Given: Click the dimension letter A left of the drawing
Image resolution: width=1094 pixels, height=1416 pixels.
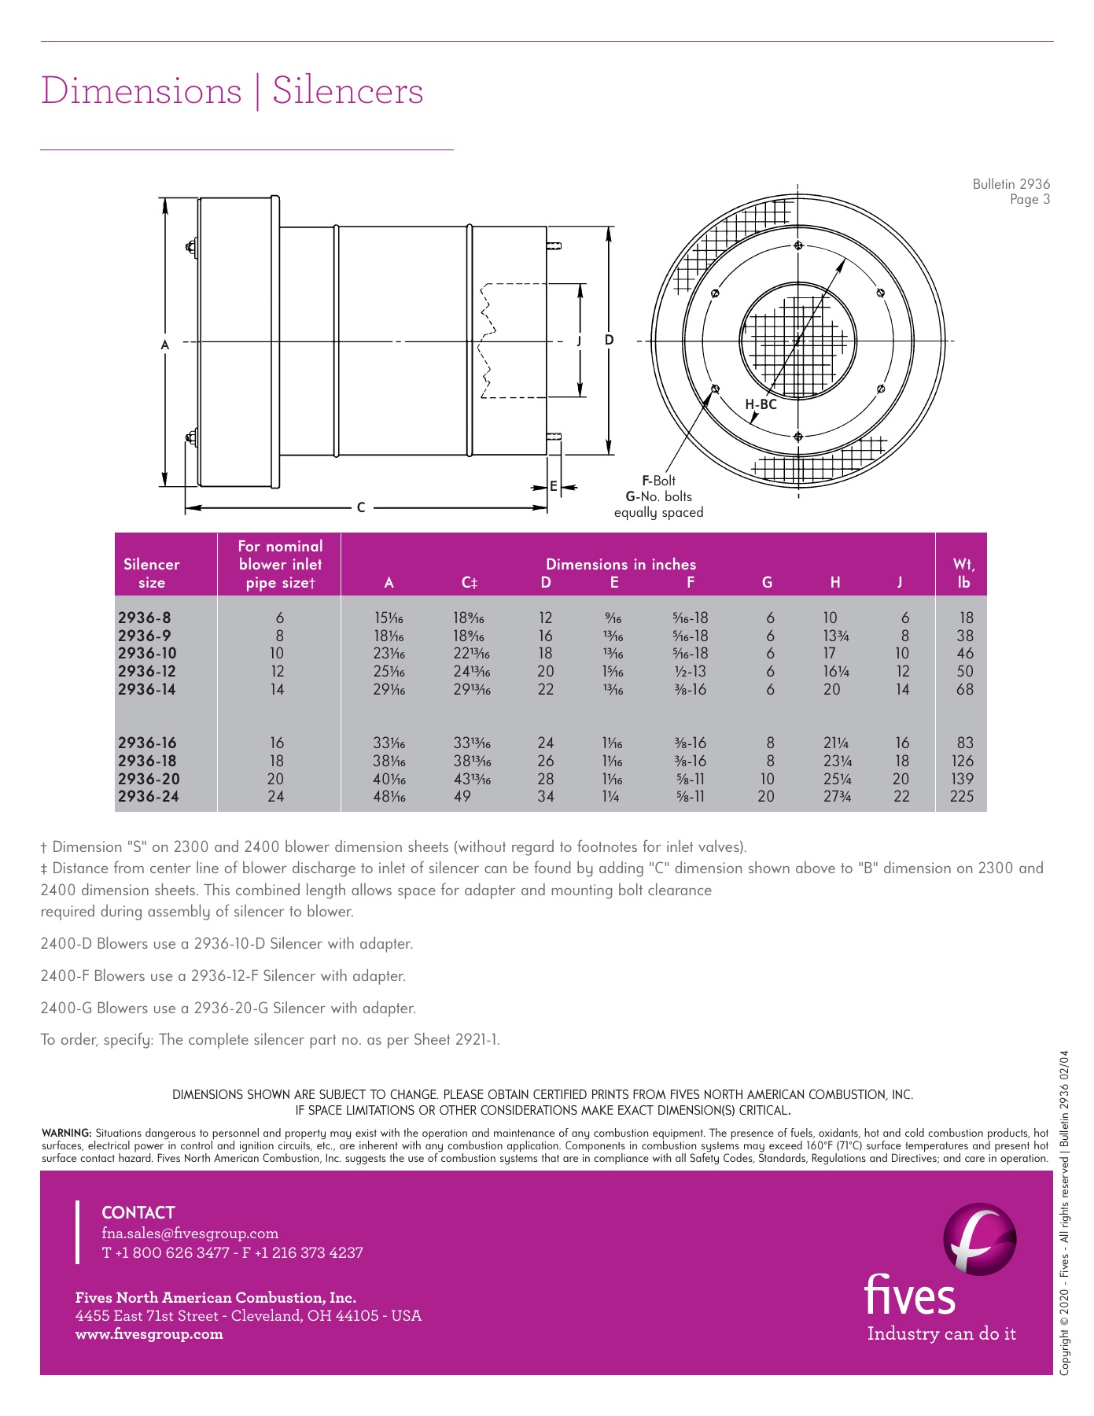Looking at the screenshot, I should tap(165, 345).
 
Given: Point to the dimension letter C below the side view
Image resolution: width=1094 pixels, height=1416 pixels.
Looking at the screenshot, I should tap(361, 507).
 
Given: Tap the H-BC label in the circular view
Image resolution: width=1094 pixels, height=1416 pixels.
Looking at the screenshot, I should tap(761, 404).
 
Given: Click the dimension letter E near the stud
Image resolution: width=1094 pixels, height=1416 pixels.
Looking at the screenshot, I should tap(554, 487).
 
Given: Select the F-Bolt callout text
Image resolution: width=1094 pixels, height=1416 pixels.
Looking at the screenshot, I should tap(658, 481).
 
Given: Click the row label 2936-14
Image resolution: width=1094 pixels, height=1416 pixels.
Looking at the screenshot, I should tap(147, 689).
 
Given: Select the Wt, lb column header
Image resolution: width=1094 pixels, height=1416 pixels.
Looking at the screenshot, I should tap(963, 573).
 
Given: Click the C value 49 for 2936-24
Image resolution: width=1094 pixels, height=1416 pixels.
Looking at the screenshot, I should tap(462, 796).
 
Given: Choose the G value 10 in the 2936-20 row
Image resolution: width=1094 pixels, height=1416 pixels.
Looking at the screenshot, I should tap(767, 779).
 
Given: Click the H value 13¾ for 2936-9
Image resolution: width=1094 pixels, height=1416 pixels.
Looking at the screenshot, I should tap(835, 636).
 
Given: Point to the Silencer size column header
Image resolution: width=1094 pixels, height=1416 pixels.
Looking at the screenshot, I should tap(152, 573).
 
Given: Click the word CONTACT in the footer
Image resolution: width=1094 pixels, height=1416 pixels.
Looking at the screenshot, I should tap(138, 1212).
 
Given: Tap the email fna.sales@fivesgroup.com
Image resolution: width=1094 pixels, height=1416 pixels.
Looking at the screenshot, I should tap(190, 1233).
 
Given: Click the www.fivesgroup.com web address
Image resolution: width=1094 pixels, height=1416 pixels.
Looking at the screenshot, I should tap(149, 1333).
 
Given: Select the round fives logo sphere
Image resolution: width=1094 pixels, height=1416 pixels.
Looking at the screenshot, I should tap(979, 1239).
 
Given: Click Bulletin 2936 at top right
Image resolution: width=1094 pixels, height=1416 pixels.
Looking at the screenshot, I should tap(1011, 184).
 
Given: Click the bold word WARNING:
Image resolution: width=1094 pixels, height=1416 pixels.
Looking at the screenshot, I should tap(66, 1133).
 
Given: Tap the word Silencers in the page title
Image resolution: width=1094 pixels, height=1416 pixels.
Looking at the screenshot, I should tap(348, 90).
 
